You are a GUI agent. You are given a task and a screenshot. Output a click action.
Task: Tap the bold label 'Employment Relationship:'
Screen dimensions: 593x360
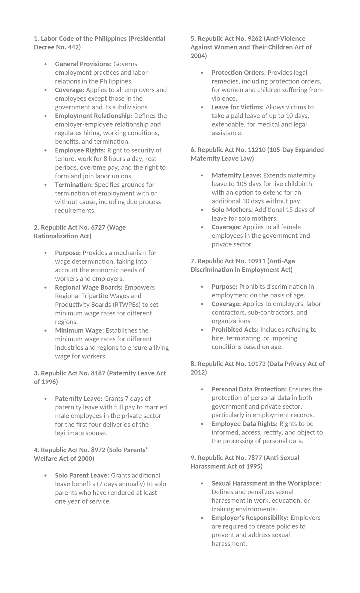(94, 116)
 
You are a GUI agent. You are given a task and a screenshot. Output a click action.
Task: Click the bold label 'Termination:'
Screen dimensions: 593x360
(74, 185)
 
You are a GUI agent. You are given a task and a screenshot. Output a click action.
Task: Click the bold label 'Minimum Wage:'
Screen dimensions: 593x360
(79, 330)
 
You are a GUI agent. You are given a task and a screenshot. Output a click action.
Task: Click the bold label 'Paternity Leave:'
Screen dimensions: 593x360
(79, 399)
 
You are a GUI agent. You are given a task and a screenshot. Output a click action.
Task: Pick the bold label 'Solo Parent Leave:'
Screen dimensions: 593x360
(82, 476)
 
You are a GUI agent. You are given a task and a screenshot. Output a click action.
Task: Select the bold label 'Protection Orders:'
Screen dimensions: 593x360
(239, 73)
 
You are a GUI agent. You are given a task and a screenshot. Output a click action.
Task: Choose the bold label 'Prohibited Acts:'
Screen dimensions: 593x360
(235, 330)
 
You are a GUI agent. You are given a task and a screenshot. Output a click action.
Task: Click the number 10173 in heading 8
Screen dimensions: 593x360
(256, 364)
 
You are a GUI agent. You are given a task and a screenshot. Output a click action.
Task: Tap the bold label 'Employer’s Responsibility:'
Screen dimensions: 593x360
(250, 518)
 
